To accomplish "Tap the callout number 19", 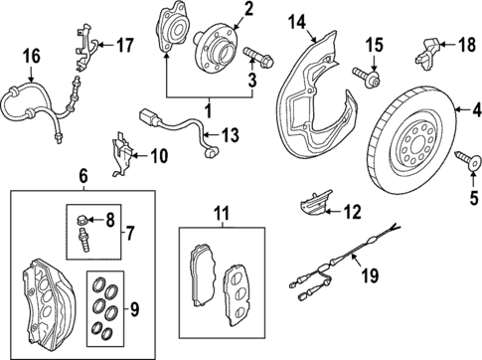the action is point(370,274).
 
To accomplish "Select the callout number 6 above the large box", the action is point(83,176).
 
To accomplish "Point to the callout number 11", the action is point(222,214).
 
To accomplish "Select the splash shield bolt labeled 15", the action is point(366,77).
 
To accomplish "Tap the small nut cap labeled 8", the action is point(81,220).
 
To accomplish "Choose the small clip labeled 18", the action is point(427,54).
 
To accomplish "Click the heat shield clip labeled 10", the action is point(122,153).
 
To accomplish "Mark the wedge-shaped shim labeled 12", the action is point(315,203).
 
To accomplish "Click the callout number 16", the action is point(32,56).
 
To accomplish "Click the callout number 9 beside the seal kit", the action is point(134,309).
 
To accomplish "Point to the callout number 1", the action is point(209,110).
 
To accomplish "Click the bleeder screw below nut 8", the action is point(83,240).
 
